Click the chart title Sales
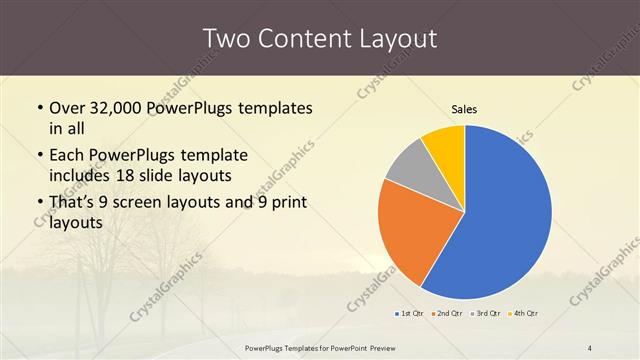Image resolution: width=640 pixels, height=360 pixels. tap(464, 108)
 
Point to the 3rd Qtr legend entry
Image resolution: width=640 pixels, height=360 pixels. tap(486, 315)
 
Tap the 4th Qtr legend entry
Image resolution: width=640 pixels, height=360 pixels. tap(523, 315)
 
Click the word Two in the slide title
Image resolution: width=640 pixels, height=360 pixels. tap(225, 39)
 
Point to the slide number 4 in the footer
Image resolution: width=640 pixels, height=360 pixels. tap(590, 348)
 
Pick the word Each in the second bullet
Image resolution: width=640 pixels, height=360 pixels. tap(69, 156)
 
